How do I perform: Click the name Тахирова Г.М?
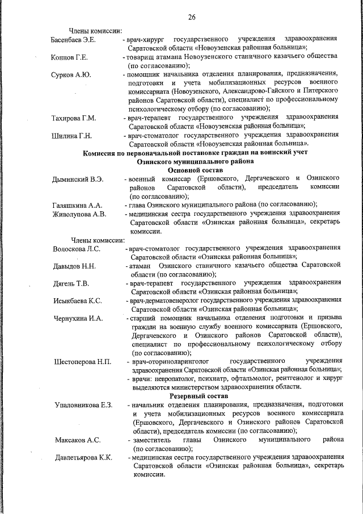point(74,118)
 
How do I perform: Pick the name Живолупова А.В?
point(79,214)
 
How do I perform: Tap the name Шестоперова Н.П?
point(82,361)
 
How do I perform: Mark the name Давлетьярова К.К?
point(84,457)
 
